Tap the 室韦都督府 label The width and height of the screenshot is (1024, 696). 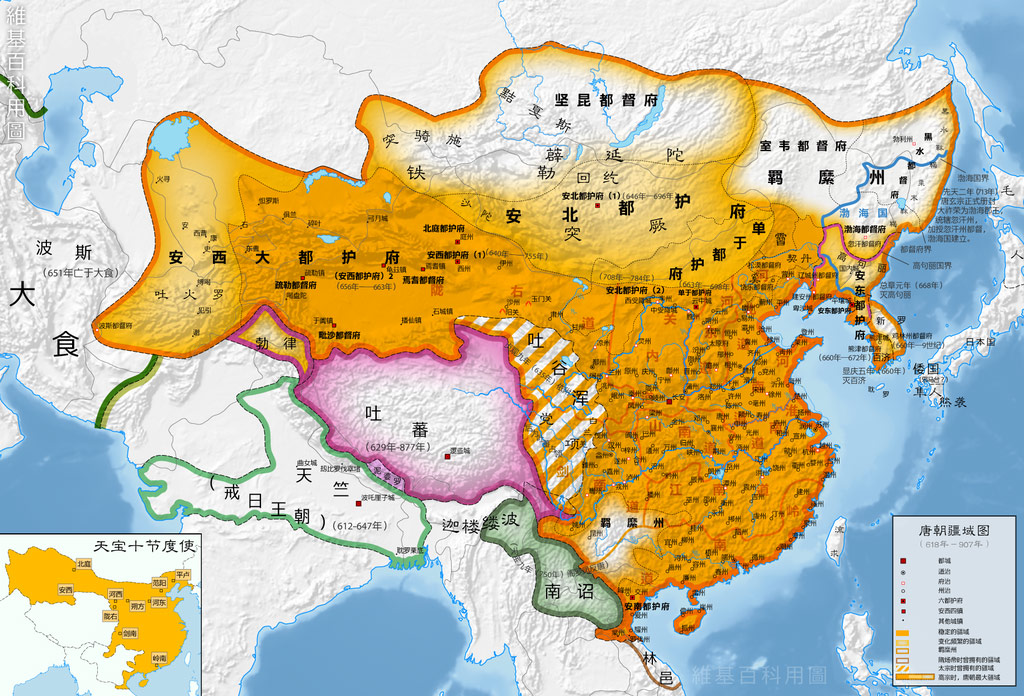[803, 145]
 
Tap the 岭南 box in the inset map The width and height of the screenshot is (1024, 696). [158, 659]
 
